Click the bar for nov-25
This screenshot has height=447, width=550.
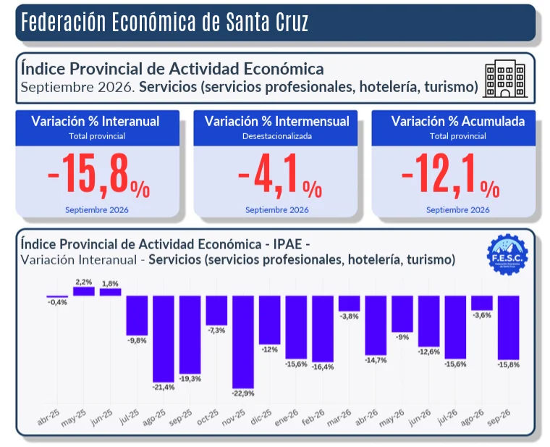tap(243, 342)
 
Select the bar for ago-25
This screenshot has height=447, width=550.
tap(164, 339)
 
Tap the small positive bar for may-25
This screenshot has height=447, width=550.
tap(84, 291)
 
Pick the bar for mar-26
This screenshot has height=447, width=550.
tap(350, 304)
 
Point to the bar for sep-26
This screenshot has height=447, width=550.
tap(509, 327)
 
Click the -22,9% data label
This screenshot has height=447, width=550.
tap(243, 393)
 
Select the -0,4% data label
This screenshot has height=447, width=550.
tap(57, 302)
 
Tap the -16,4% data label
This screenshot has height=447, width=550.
tap(323, 367)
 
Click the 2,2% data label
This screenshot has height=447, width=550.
tap(84, 282)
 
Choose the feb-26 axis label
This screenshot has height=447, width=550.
tap(313, 417)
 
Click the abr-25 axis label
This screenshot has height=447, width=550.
tap(48, 417)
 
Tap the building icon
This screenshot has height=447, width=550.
tap(505, 79)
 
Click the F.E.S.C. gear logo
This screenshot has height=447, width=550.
tap(507, 254)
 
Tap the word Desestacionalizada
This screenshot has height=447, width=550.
tap(277, 136)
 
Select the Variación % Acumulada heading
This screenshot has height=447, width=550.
tap(458, 122)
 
